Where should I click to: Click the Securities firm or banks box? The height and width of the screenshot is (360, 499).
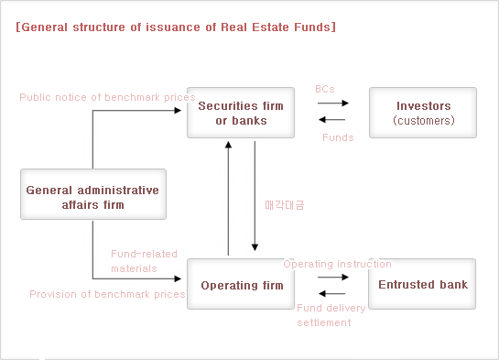pyautogui.click(x=241, y=113)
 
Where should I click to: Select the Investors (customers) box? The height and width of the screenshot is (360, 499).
pyautogui.click(x=422, y=113)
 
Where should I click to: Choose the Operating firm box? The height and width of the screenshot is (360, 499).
pyautogui.click(x=241, y=285)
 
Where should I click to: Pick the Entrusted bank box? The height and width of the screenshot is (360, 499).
pyautogui.click(x=422, y=285)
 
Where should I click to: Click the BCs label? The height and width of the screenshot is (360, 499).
pyautogui.click(x=324, y=89)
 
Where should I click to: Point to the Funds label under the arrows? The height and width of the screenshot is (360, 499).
pyautogui.click(x=338, y=137)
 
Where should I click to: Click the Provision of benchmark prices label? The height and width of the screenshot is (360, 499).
pyautogui.click(x=107, y=294)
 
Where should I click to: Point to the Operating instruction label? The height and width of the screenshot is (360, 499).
pyautogui.click(x=337, y=264)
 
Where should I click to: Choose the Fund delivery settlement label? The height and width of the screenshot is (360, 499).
pyautogui.click(x=331, y=315)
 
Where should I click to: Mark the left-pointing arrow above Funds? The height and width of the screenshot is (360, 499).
pyautogui.click(x=331, y=120)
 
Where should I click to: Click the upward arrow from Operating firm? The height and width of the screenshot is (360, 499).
pyautogui.click(x=228, y=197)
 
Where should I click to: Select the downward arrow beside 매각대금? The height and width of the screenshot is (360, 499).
pyautogui.click(x=255, y=197)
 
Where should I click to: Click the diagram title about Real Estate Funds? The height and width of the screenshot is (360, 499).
pyautogui.click(x=176, y=27)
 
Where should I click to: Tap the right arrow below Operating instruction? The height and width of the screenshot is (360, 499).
pyautogui.click(x=331, y=277)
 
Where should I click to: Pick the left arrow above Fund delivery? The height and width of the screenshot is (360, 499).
pyautogui.click(x=331, y=292)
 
